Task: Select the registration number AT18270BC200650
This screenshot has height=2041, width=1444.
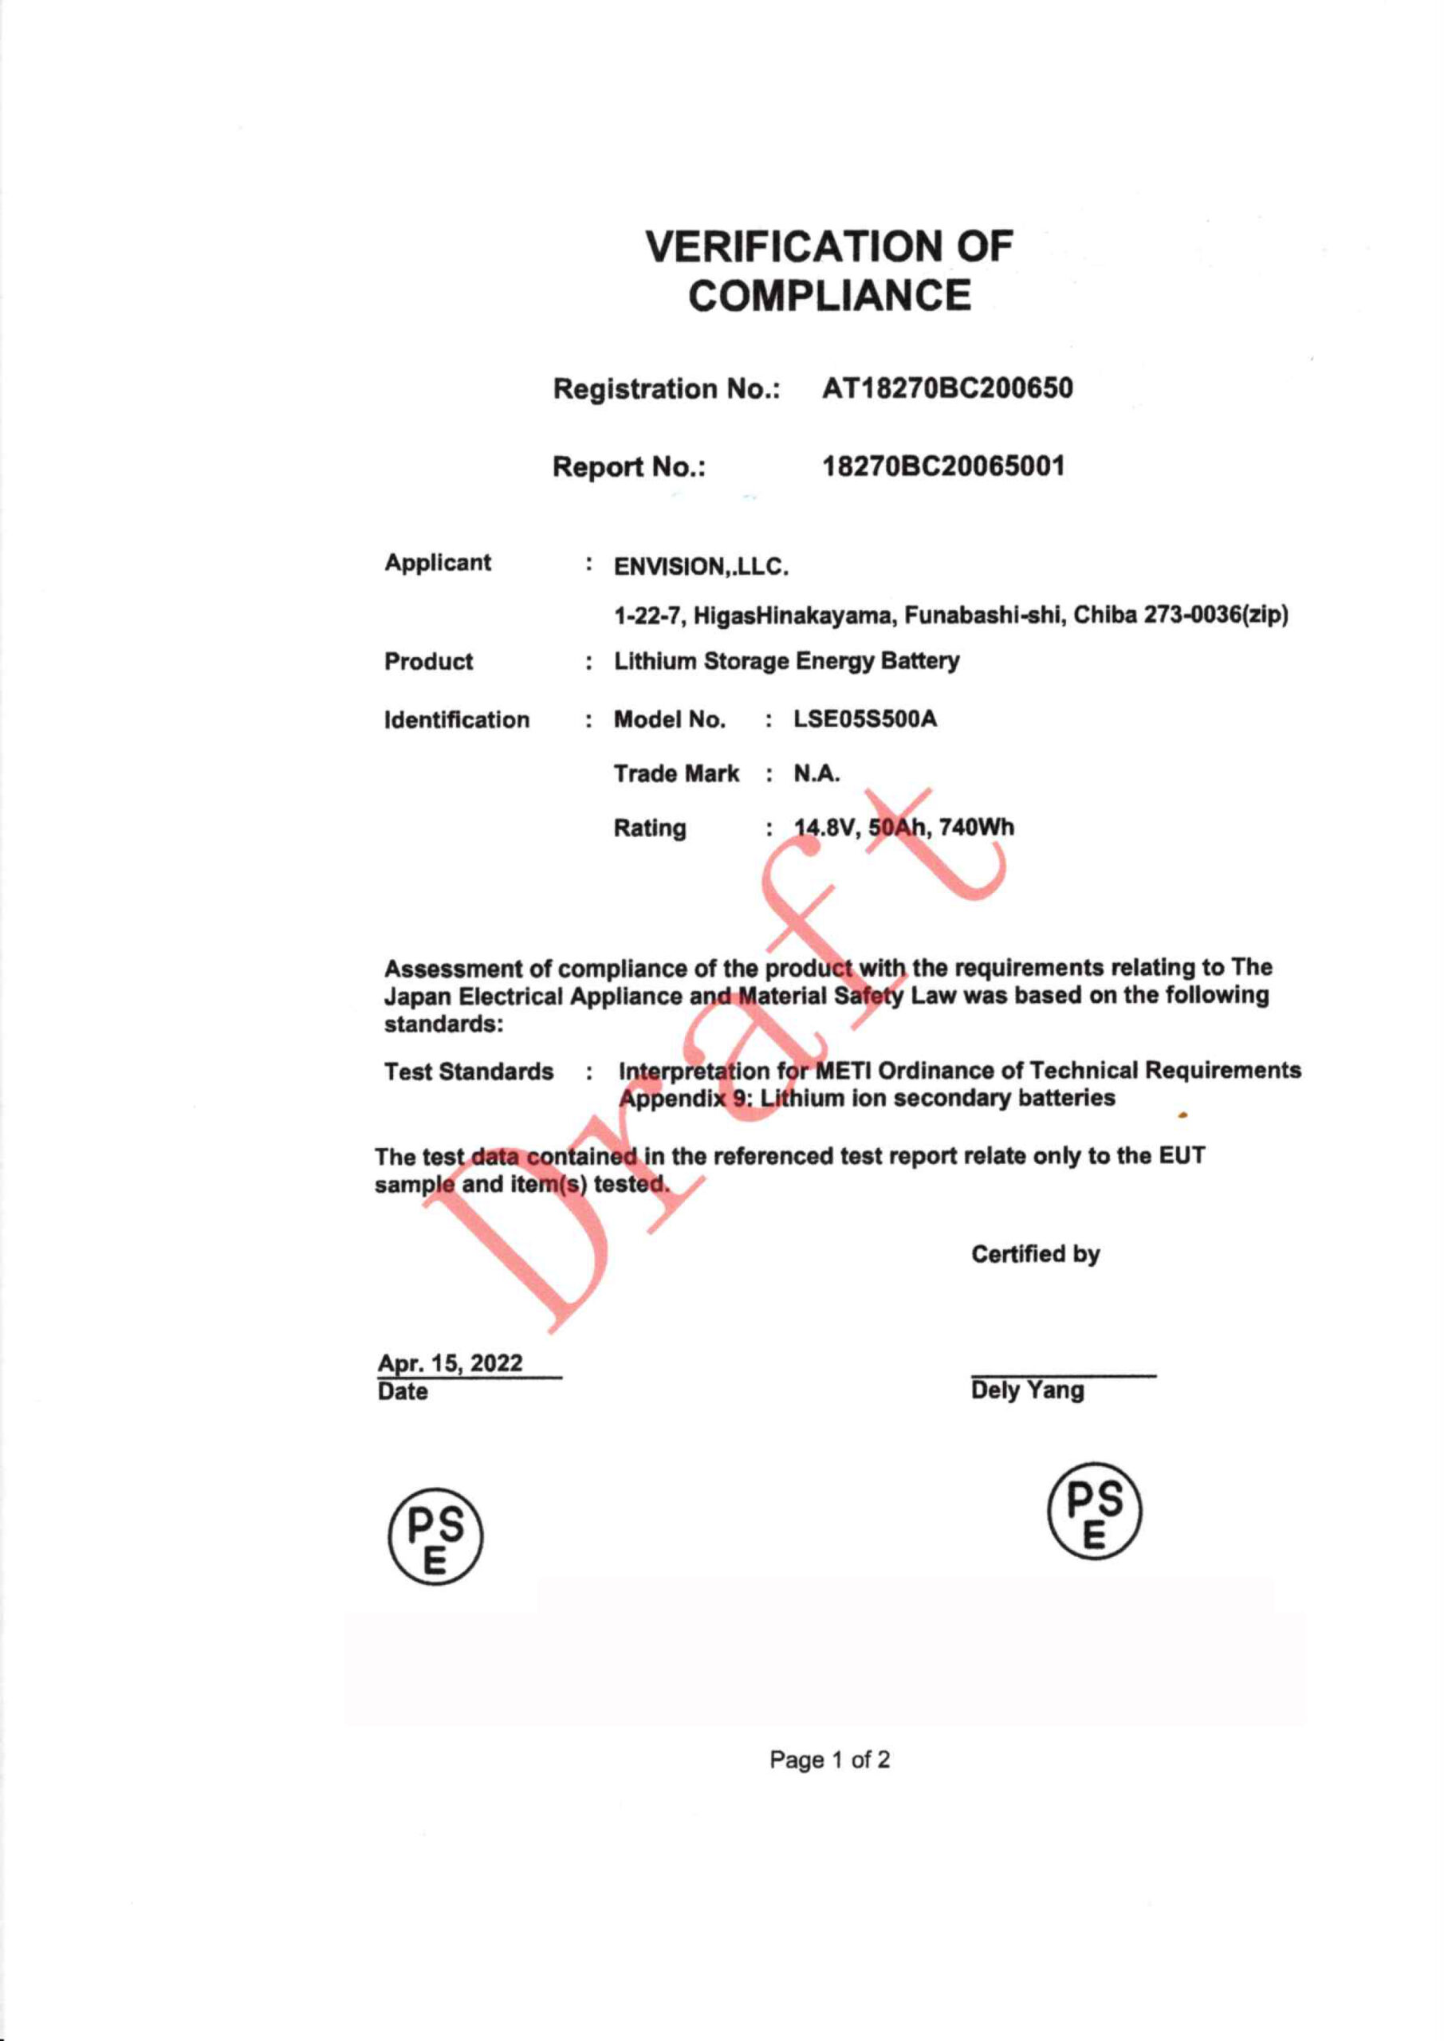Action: pyautogui.click(x=947, y=388)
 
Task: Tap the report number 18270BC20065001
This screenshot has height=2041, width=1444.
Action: pyautogui.click(x=943, y=466)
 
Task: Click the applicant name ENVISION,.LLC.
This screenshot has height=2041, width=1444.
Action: pyautogui.click(x=702, y=566)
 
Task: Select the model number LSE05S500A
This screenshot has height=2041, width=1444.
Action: pyautogui.click(x=864, y=718)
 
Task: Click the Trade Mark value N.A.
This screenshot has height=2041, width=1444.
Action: pyautogui.click(x=816, y=773)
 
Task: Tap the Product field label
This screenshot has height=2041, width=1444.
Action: pyautogui.click(x=429, y=662)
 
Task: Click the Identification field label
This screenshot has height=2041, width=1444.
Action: pyautogui.click(x=456, y=719)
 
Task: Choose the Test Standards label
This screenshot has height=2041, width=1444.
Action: pyautogui.click(x=469, y=1072)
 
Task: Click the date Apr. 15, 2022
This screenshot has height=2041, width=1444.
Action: pyautogui.click(x=450, y=1363)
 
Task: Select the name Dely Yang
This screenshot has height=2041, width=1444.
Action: pyautogui.click(x=1027, y=1390)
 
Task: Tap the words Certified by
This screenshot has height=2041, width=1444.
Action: pyautogui.click(x=1035, y=1254)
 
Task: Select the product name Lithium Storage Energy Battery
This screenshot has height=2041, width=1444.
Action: pyautogui.click(x=787, y=662)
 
